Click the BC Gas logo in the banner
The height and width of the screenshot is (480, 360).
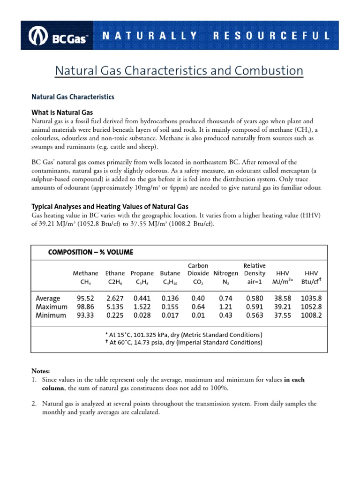[59, 36]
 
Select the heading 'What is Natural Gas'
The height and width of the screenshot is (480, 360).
[62, 112]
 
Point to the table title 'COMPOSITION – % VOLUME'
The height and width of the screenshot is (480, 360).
[90, 252]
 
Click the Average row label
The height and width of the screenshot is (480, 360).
[48, 298]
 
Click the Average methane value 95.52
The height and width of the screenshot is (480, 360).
[85, 298]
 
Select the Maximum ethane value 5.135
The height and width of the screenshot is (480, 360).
[114, 307]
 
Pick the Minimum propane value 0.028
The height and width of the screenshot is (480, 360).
[142, 315]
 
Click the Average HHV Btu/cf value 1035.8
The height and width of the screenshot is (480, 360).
[311, 298]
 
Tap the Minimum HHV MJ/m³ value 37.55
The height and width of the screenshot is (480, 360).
[283, 315]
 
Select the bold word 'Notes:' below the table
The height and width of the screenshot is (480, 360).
[41, 371]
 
